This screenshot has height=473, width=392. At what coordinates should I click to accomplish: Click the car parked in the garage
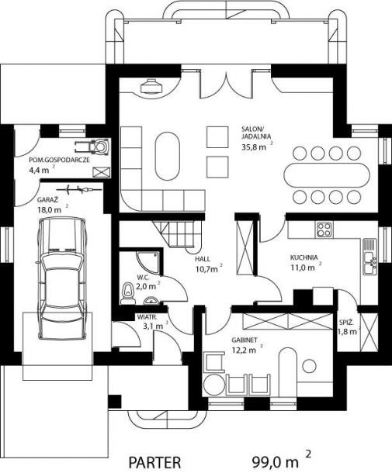click(63, 278)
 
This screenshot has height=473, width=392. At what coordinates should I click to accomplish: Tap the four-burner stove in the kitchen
click(324, 230)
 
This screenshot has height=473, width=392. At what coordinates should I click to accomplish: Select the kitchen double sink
click(369, 257)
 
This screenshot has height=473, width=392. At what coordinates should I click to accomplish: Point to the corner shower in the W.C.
click(147, 263)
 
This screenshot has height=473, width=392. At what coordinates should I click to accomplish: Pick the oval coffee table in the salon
click(168, 156)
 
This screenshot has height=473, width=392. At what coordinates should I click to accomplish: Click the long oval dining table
click(327, 175)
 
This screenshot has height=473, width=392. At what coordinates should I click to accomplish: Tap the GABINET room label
click(245, 340)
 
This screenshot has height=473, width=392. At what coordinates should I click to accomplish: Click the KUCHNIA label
click(304, 257)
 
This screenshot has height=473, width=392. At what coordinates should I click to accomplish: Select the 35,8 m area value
click(254, 147)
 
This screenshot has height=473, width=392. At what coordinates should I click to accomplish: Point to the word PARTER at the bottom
click(155, 462)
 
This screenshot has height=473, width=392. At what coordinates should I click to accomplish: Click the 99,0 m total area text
click(275, 461)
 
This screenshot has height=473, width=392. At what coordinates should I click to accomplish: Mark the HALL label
click(203, 259)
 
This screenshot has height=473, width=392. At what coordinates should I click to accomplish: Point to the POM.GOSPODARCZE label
click(60, 160)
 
